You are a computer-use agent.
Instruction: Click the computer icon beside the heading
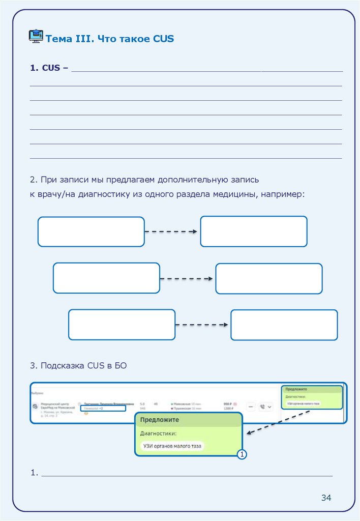click(x=36, y=36)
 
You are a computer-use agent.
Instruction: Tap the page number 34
click(x=326, y=497)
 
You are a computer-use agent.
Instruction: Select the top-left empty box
click(x=91, y=231)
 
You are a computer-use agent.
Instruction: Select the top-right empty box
click(x=253, y=231)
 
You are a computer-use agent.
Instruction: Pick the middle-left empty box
click(x=106, y=278)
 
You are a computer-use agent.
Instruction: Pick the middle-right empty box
click(x=268, y=278)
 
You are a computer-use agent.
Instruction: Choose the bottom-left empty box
click(x=122, y=325)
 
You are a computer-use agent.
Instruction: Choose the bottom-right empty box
click(x=284, y=325)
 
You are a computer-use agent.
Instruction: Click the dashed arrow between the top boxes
click(x=171, y=231)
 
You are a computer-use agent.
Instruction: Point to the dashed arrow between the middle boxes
click(x=187, y=278)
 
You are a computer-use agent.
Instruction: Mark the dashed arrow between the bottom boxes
click(x=202, y=325)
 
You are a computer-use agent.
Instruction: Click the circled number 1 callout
click(x=242, y=454)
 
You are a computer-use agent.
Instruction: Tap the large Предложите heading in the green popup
click(x=159, y=420)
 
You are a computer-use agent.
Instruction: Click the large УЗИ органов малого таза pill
click(x=171, y=446)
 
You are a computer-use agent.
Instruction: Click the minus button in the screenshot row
click(x=251, y=406)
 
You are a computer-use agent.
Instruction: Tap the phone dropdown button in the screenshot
click(x=266, y=406)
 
